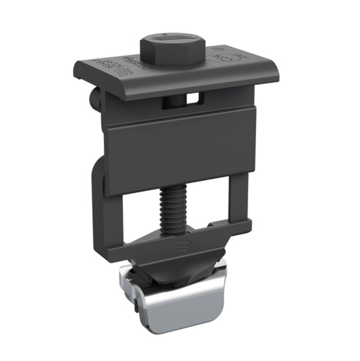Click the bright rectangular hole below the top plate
pyautogui.click(x=194, y=98)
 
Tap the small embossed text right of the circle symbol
pyautogui.click(x=242, y=55)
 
